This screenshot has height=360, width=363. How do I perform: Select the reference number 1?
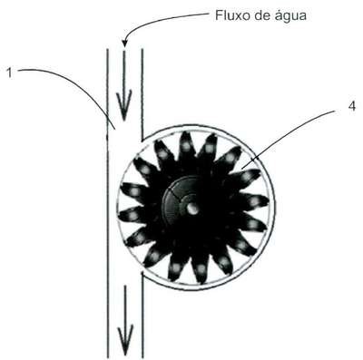pyautogui.click(x=10, y=73)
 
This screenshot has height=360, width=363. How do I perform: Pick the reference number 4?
pyautogui.click(x=352, y=106)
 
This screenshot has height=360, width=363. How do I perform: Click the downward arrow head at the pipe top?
pyautogui.click(x=124, y=105)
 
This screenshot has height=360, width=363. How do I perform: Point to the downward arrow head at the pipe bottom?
pyautogui.click(x=125, y=340)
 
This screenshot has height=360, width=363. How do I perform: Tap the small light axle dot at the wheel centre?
pyautogui.click(x=191, y=208)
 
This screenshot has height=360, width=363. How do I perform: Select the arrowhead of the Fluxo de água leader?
pyautogui.click(x=124, y=44)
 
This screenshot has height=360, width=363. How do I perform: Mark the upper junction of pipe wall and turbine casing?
pyautogui.click(x=142, y=140)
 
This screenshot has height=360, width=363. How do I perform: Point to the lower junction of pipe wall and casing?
pyautogui.click(x=142, y=272)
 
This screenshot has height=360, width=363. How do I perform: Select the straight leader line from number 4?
pyautogui.click(x=289, y=138)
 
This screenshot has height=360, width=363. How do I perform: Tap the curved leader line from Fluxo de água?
pyautogui.click(x=157, y=20)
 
